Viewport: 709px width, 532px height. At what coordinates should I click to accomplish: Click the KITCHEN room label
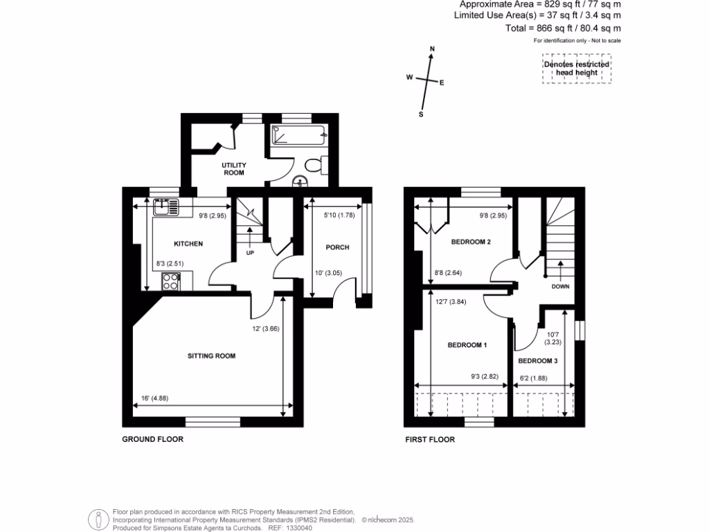pos(188,244)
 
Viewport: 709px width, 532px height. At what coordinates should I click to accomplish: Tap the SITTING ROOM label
pos(211,356)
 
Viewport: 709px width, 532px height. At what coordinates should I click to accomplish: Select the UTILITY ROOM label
pos(234,169)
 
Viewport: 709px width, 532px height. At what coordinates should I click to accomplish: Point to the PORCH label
pos(338,247)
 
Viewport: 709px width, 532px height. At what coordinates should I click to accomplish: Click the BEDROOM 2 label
pos(471,242)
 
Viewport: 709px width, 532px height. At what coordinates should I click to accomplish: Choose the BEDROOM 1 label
pos(467,345)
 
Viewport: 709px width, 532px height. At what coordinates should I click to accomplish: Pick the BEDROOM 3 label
pos(537,361)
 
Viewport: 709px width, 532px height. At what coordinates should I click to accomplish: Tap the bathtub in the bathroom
pos(298,136)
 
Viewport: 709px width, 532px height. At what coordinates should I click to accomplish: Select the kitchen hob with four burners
pos(171,281)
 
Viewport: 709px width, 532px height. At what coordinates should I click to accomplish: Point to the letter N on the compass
pos(432,48)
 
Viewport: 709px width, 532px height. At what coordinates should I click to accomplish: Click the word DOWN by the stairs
pos(561,286)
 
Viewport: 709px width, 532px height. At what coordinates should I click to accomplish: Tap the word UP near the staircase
pos(250,251)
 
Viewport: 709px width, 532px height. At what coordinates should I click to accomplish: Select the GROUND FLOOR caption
pos(153,439)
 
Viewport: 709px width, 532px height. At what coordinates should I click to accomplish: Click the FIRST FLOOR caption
pos(431,439)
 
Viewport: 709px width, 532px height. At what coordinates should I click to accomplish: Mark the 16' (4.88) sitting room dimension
pos(150,398)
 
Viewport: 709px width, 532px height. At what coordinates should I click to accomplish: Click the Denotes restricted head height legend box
pos(576,69)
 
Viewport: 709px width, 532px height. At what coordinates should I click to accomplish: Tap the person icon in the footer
pos(99,519)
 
